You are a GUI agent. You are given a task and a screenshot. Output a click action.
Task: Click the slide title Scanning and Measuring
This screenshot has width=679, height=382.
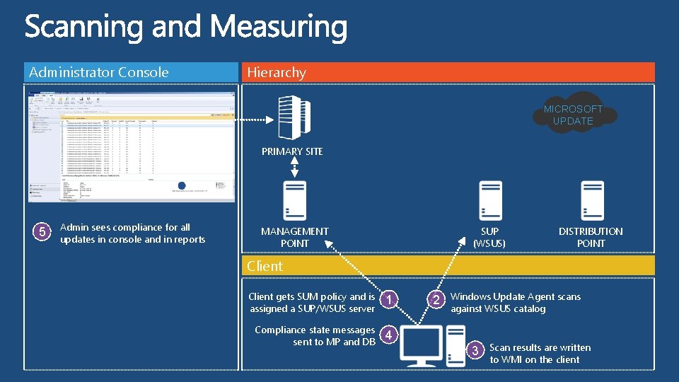[x=186, y=28]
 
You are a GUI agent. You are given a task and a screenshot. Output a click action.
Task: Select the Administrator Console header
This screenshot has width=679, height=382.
[x=98, y=72]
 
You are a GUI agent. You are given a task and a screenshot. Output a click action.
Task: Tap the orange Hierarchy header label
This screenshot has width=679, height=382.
[x=277, y=72]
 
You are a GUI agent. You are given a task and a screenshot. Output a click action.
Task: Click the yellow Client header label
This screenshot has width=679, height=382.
[x=265, y=266]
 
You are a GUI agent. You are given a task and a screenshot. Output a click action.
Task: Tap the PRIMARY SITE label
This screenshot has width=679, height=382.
[x=292, y=151]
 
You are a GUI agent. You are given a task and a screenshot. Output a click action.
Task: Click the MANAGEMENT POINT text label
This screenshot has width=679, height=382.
[x=295, y=237]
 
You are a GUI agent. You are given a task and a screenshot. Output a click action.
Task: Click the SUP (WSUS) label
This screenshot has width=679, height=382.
[x=489, y=237]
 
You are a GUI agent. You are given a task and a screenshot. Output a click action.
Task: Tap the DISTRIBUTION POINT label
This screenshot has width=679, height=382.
[x=591, y=237]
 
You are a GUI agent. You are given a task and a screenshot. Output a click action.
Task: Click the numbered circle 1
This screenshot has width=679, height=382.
[x=388, y=300]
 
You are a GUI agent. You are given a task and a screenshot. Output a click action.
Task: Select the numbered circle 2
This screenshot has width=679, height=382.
[x=437, y=300]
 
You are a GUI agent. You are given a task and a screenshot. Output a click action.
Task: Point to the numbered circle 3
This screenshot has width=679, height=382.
[x=476, y=349]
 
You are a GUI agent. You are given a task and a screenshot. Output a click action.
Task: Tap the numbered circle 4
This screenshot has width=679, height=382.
[x=388, y=335]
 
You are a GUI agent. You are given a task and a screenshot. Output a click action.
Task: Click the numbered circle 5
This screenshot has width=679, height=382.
[x=42, y=231]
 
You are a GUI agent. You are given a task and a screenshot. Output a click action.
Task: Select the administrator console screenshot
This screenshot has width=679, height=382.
[x=131, y=146]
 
